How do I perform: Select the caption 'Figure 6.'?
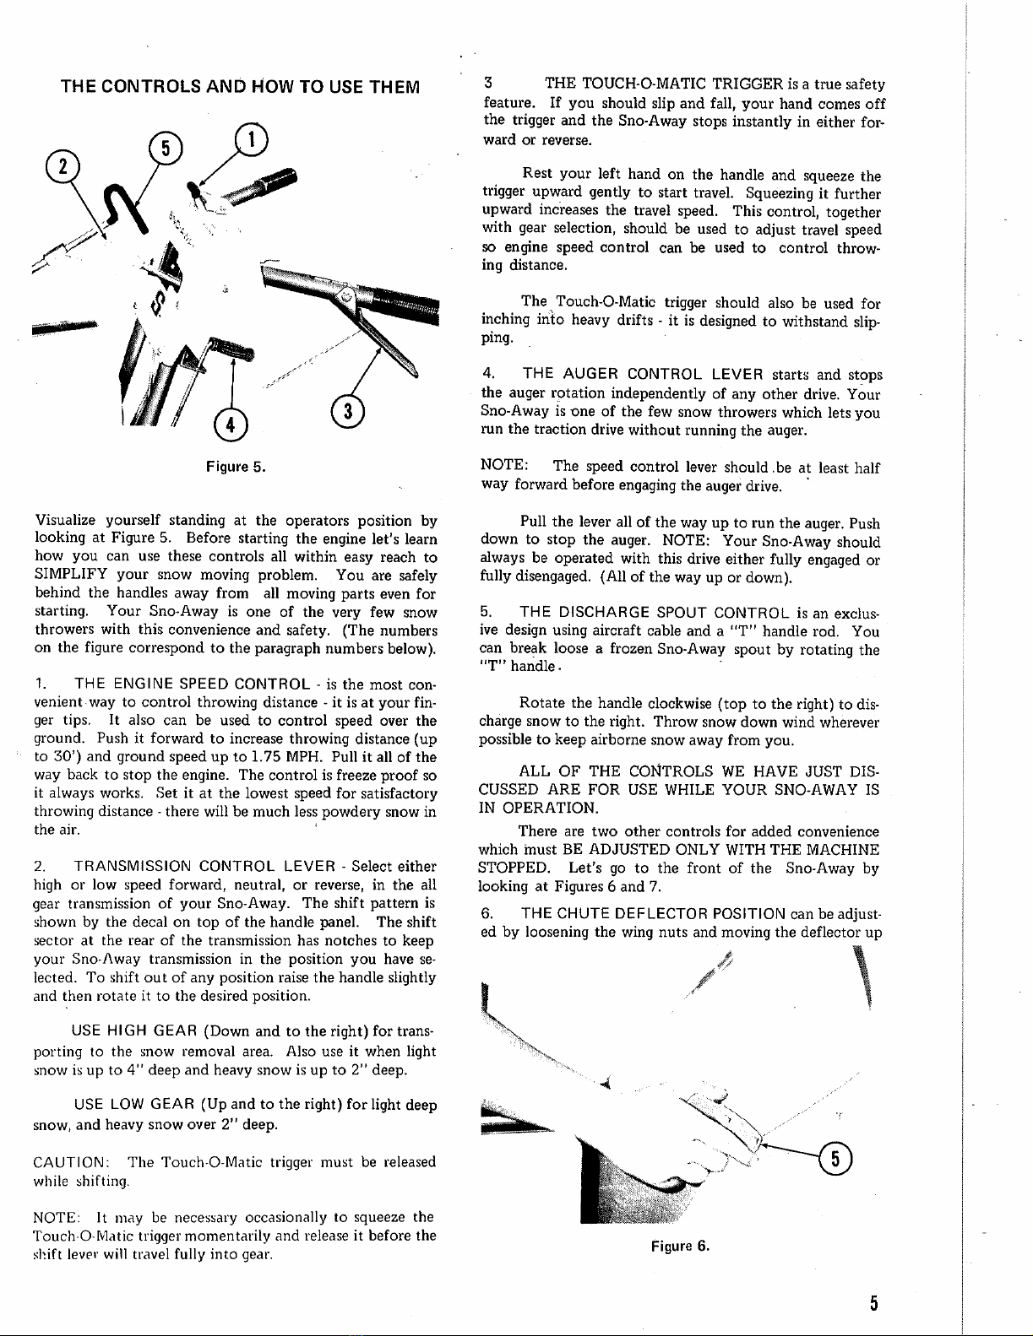click(678, 1246)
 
